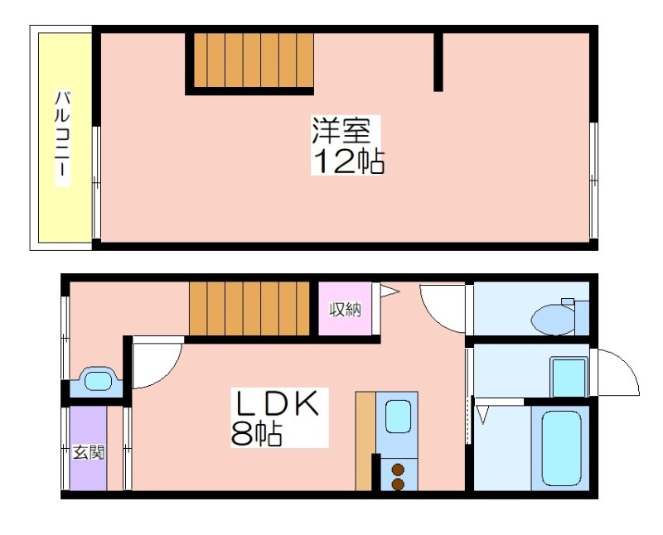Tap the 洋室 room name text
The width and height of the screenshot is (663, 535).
pos(341,130)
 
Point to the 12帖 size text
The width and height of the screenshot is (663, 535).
pos(348,161)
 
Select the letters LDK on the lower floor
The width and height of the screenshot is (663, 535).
pos(278,404)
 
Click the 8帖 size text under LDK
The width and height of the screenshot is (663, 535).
pos(257,433)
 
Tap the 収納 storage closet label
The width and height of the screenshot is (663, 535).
pos(346,311)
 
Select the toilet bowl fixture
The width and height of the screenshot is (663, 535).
pos(554,319)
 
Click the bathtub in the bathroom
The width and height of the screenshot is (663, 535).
pos(561,448)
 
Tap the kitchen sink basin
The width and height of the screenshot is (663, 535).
pos(399,417)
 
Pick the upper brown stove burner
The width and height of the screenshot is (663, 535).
pos(398,470)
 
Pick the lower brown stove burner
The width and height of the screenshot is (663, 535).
pos(398,484)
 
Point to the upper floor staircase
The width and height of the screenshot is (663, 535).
pos(254,60)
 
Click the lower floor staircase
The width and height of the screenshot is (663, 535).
pos(250,308)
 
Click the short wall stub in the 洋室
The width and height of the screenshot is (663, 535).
pos(438,61)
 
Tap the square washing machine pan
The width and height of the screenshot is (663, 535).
pos(569,377)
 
